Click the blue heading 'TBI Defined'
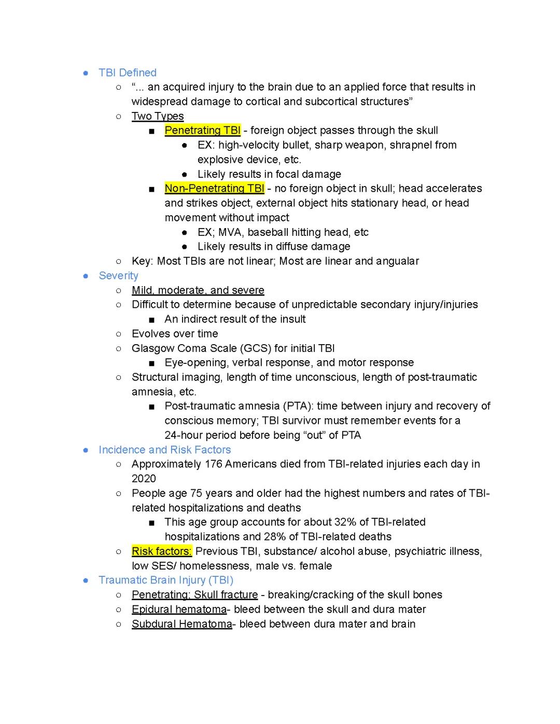tap(127, 73)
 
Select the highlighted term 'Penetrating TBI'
tap(202, 131)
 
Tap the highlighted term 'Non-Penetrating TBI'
tap(214, 189)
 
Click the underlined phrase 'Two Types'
tap(158, 116)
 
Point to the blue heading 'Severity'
tap(118, 276)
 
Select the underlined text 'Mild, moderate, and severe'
tap(198, 290)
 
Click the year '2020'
tap(144, 479)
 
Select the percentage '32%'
tap(343, 522)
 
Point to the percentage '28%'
tap(277, 537)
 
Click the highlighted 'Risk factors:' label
tap(162, 551)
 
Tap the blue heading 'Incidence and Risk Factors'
tap(164, 450)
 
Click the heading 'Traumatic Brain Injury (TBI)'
tap(166, 580)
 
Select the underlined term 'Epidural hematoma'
tap(179, 609)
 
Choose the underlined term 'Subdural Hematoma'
tap(181, 624)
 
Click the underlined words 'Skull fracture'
tap(226, 595)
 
